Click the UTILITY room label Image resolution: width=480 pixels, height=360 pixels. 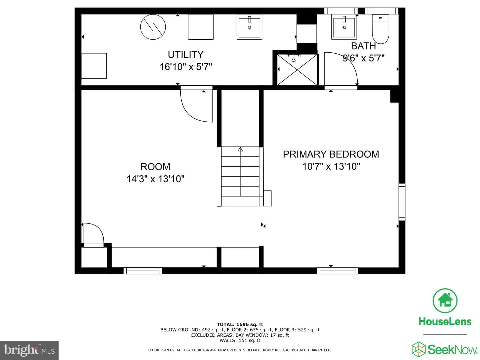(x=185, y=54)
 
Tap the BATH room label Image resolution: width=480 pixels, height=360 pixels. (x=363, y=46)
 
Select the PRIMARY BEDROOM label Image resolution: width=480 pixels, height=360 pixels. (x=331, y=154)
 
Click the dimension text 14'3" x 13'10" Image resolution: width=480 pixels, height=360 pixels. (x=155, y=179)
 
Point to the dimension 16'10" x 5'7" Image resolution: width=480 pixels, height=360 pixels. (x=186, y=67)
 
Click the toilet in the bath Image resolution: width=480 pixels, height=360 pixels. (x=381, y=29)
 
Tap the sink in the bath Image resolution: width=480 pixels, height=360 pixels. (x=344, y=27)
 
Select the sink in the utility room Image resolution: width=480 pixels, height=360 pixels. (x=249, y=27)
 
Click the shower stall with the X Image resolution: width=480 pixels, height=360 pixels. (x=297, y=70)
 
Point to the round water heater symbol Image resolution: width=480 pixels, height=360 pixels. (x=153, y=27)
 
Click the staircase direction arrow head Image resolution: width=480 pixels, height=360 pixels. (x=240, y=149)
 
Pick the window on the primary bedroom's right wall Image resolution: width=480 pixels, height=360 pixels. (x=402, y=202)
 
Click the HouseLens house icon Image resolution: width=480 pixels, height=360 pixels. (x=445, y=300)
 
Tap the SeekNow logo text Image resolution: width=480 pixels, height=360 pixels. (x=452, y=350)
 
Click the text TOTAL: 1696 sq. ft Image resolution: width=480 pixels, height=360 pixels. (x=240, y=324)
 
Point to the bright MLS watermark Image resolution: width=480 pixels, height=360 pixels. (x=29, y=350)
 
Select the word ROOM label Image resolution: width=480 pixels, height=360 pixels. (x=155, y=167)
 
